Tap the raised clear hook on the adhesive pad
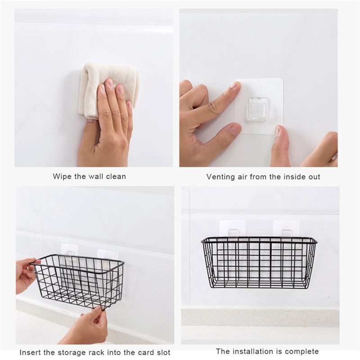coord(257,110)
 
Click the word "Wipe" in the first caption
coord(62,176)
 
